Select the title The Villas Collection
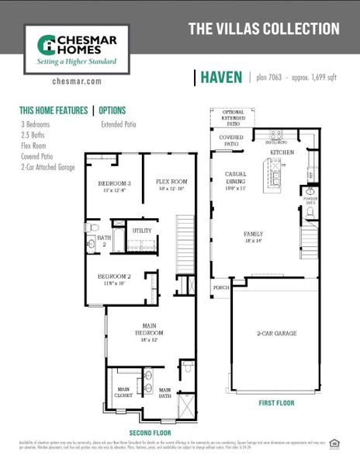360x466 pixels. (x=264, y=29)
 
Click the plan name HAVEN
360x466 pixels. (x=221, y=77)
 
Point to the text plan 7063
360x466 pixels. (x=272, y=78)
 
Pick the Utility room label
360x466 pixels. (x=142, y=231)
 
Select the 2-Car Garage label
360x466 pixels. (x=276, y=332)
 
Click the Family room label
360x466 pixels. (x=253, y=237)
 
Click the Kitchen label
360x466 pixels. (x=281, y=153)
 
